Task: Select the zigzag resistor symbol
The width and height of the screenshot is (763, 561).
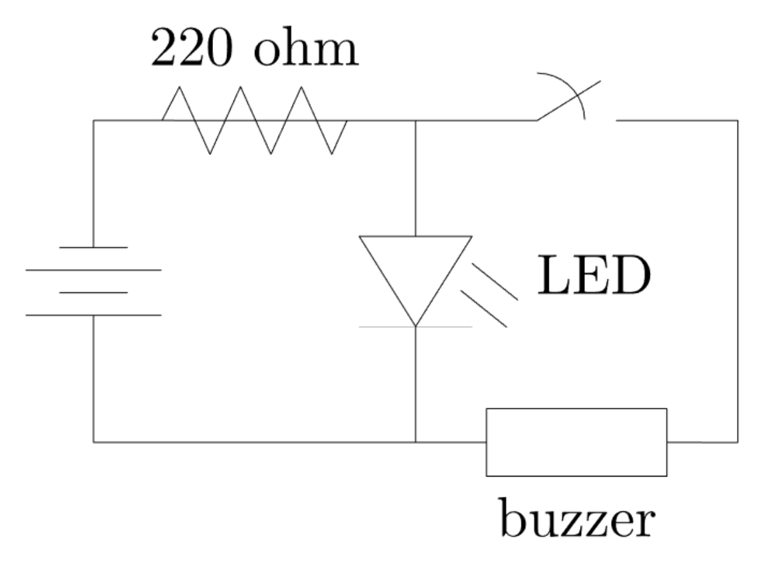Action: [x=254, y=120]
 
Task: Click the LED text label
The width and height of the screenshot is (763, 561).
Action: [x=594, y=277]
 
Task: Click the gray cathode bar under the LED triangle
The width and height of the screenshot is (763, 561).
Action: [x=415, y=327]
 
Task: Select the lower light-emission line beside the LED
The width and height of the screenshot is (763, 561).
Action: [x=483, y=309]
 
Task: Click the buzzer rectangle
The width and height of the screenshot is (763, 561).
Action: [x=576, y=442]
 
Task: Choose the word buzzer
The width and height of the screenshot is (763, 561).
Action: [x=576, y=519]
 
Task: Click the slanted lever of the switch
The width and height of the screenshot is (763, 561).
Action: [x=568, y=100]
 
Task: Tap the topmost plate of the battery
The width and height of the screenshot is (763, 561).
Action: [x=93, y=247]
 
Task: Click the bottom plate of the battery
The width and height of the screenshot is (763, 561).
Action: [x=93, y=315]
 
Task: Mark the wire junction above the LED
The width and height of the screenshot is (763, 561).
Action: [x=415, y=120]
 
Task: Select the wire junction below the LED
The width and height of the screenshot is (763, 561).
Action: [x=415, y=442]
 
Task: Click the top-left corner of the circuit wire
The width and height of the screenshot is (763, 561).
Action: [x=93, y=120]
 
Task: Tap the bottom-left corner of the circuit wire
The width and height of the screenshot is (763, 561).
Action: [x=93, y=442]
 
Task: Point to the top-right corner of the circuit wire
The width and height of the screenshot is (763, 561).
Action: [x=738, y=120]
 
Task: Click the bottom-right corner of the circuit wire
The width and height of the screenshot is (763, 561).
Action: [x=738, y=442]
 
